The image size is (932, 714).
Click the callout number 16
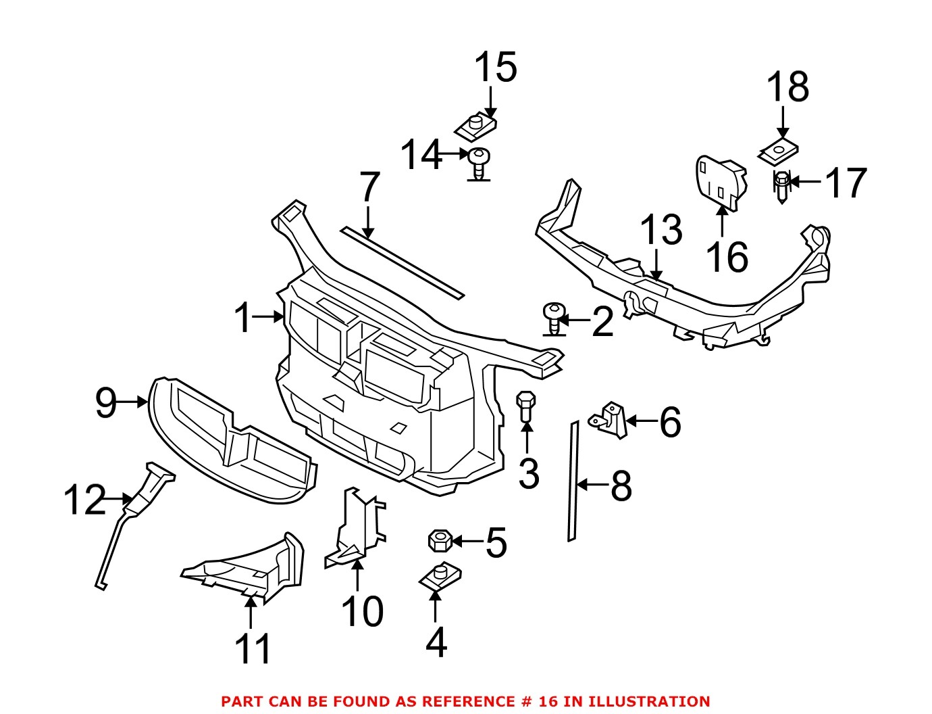click(727, 257)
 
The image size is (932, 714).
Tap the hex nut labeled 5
click(439, 541)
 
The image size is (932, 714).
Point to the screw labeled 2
click(553, 316)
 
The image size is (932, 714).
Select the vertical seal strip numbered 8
click(573, 481)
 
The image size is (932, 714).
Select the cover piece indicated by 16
click(719, 179)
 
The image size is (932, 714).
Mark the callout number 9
click(106, 403)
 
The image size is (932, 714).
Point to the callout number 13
click(661, 230)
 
